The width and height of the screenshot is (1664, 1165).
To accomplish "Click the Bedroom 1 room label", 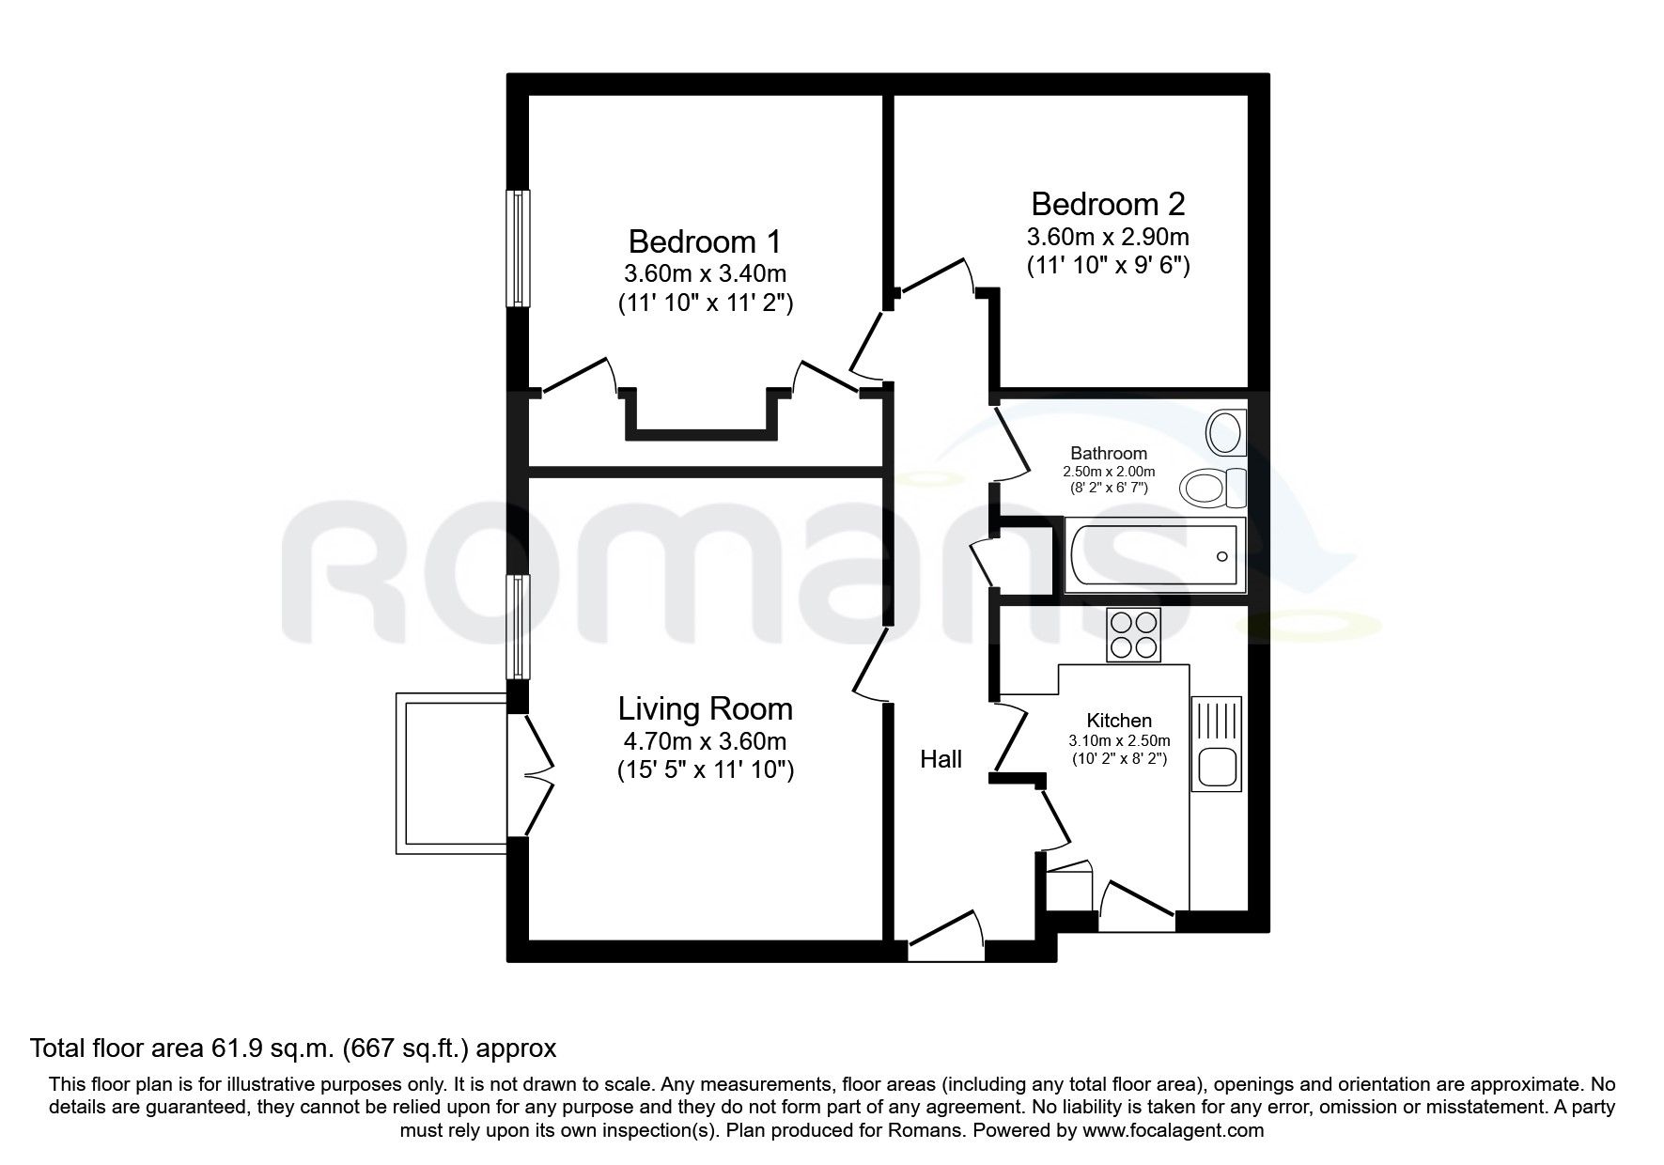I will (x=704, y=242).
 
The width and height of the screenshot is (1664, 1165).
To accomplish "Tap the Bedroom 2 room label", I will (x=1108, y=204).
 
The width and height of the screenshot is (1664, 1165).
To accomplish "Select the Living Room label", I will (x=705, y=708).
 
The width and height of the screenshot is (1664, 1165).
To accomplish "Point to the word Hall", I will (x=941, y=759).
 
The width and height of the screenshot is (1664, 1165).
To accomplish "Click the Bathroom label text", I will (x=1109, y=454).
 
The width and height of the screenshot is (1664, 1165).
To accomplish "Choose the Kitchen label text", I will (x=1119, y=721).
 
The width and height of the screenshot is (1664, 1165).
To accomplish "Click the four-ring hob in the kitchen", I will (x=1134, y=634).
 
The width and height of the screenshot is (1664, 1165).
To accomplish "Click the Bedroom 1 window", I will (x=518, y=248).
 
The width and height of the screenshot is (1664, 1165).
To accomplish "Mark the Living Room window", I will (x=518, y=627).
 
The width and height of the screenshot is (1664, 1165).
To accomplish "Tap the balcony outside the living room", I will (x=451, y=772).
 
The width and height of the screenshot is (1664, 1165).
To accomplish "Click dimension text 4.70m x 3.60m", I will (x=705, y=740).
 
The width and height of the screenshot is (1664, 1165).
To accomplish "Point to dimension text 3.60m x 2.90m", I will (x=1108, y=236).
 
